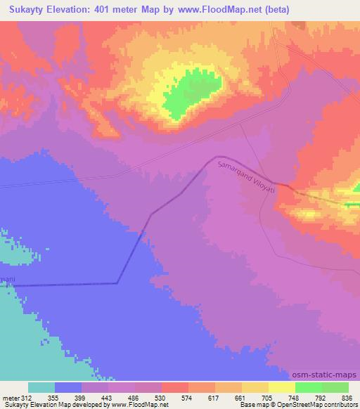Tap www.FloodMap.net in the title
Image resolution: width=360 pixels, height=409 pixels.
(217, 10)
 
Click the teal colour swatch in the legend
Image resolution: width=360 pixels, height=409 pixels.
(41, 387)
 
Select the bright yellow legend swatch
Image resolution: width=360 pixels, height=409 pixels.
(281, 387)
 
